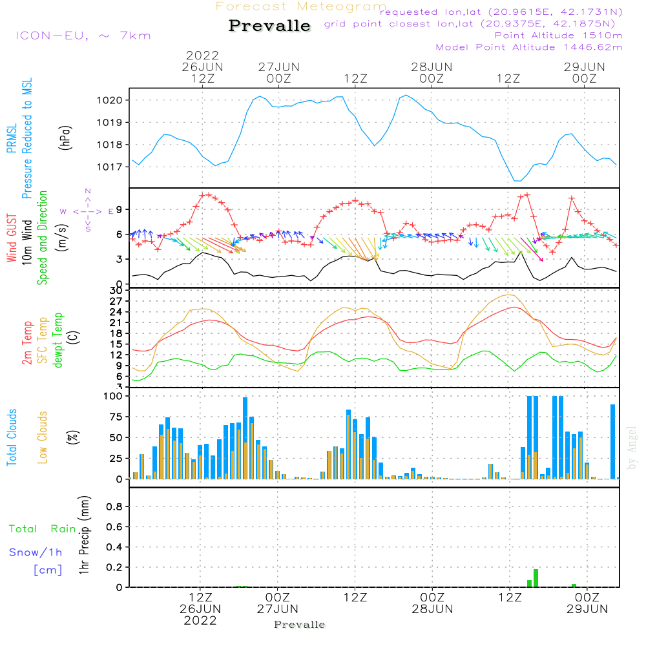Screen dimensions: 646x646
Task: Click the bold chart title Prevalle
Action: click(x=269, y=26)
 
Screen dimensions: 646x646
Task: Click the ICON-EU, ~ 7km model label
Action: click(x=83, y=36)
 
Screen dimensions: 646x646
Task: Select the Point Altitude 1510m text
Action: click(x=558, y=36)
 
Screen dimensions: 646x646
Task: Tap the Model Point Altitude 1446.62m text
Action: click(x=529, y=47)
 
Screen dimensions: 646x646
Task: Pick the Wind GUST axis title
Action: click(x=12, y=238)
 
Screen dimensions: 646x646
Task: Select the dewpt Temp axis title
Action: click(x=58, y=340)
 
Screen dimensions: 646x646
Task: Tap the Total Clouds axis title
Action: click(x=12, y=437)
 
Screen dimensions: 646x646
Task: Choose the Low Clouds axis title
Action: click(x=43, y=437)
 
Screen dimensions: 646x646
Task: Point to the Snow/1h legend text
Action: click(x=36, y=553)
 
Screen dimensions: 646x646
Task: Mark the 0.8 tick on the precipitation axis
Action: click(x=114, y=506)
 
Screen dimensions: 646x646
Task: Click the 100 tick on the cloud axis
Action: click(x=113, y=395)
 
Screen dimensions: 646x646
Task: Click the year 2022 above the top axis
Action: click(x=203, y=56)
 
